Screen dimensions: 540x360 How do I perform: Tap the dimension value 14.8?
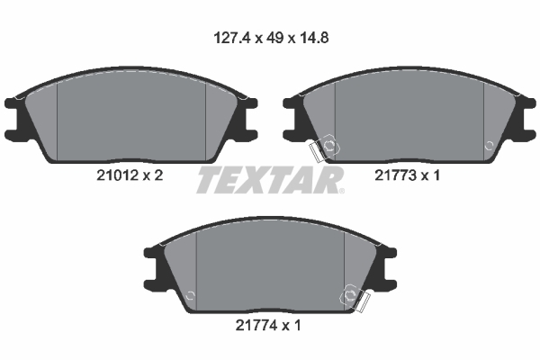(313, 38)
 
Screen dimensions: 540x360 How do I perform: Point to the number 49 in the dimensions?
(275, 38)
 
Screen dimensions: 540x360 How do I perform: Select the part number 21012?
(117, 175)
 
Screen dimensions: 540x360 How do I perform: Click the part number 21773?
(395, 175)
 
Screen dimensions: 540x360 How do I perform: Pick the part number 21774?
(256, 325)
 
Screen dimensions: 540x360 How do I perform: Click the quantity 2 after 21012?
(158, 175)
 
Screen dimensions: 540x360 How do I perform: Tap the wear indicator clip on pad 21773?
(325, 148)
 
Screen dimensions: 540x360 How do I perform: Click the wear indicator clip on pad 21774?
(355, 298)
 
